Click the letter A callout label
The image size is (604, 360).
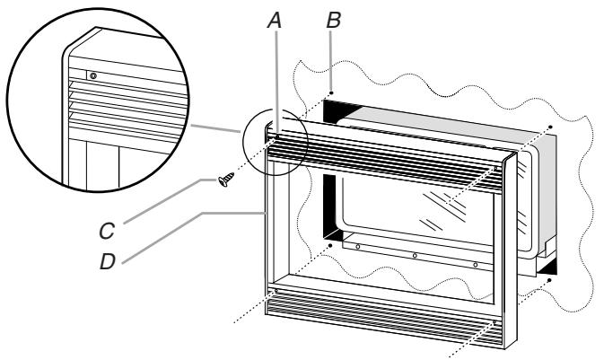point(275,21)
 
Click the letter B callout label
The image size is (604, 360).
point(334,21)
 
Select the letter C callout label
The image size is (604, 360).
point(107,231)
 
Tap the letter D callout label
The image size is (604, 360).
point(108,262)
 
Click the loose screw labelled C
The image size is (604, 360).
point(226,180)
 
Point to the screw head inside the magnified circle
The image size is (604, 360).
point(92,75)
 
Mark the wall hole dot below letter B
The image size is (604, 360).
point(331,92)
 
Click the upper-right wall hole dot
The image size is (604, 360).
point(550,127)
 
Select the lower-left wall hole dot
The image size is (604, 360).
point(330,245)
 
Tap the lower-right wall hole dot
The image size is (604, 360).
point(549,280)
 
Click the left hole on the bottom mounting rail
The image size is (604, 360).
point(358,246)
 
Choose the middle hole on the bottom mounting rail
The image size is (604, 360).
point(415,256)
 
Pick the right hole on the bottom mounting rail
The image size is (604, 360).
point(476,265)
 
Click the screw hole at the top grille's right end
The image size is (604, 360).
point(495,169)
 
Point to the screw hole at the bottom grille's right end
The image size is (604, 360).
point(495,321)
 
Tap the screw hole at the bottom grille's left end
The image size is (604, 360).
point(276,290)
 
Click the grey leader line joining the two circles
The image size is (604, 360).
point(215,128)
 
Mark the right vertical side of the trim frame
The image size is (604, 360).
point(510,250)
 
